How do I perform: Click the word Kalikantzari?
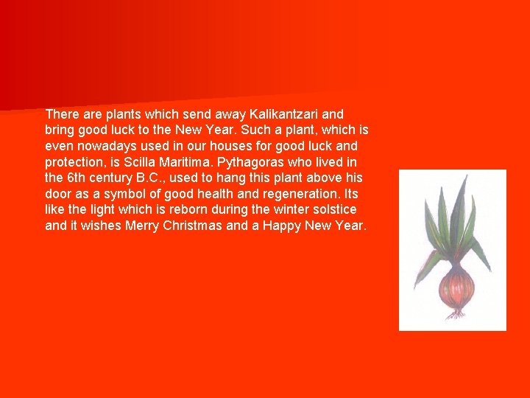point(286,114)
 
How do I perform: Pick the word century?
point(115,178)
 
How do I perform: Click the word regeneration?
point(303,194)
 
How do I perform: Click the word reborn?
point(196,210)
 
